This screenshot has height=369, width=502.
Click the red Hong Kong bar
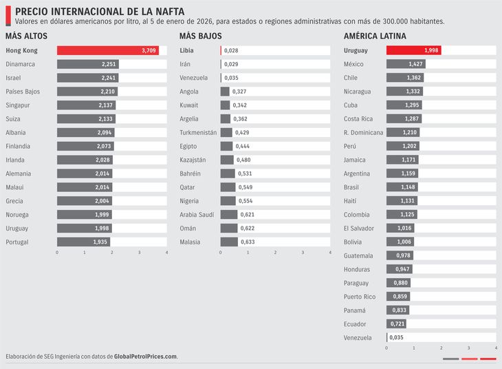pyautogui.click(x=107, y=50)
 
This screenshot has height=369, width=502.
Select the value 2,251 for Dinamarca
pyautogui.click(x=109, y=64)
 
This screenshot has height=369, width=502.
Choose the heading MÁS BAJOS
pyautogui.click(x=201, y=36)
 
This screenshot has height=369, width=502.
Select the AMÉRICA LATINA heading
pyautogui.click(x=375, y=36)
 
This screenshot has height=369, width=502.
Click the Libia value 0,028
pyautogui.click(x=231, y=51)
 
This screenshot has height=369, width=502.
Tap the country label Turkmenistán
pyautogui.click(x=198, y=132)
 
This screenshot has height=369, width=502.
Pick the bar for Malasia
pyautogui.click(x=229, y=242)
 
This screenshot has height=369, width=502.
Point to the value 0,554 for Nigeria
pyautogui.click(x=246, y=201)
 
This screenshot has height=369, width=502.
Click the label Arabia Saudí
pyautogui.click(x=197, y=215)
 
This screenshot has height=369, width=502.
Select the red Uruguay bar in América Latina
pyautogui.click(x=413, y=50)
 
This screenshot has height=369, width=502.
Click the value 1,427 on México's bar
pyautogui.click(x=415, y=64)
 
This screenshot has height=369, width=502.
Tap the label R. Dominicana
pyautogui.click(x=363, y=132)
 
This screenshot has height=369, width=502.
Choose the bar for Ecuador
pyautogui.click(x=396, y=324)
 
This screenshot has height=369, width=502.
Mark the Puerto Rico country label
pyautogui.click(x=360, y=297)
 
